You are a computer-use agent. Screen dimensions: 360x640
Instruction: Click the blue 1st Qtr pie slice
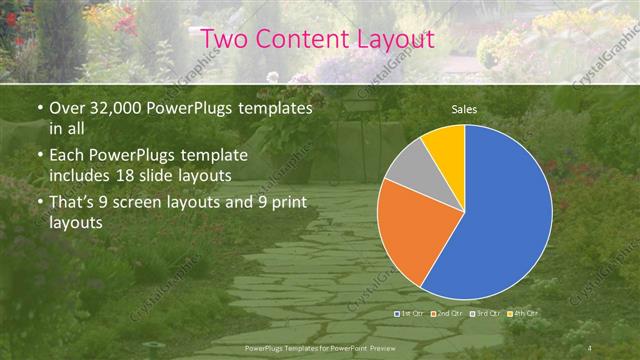coord(500,220)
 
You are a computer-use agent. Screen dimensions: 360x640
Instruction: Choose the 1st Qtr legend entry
coord(412,314)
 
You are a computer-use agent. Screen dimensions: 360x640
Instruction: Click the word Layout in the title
coord(397,40)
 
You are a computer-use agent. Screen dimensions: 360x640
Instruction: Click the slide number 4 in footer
coord(590,347)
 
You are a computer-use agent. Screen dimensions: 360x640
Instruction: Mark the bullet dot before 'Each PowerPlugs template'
coord(39,156)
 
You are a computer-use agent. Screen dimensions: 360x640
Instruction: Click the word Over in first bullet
coord(69,107)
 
